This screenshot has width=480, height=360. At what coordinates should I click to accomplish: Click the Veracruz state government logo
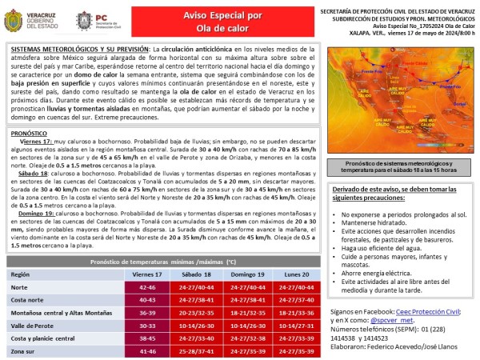23,21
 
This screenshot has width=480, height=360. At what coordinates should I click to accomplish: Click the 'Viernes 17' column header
146,274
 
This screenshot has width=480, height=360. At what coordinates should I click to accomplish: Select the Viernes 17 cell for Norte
146,286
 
